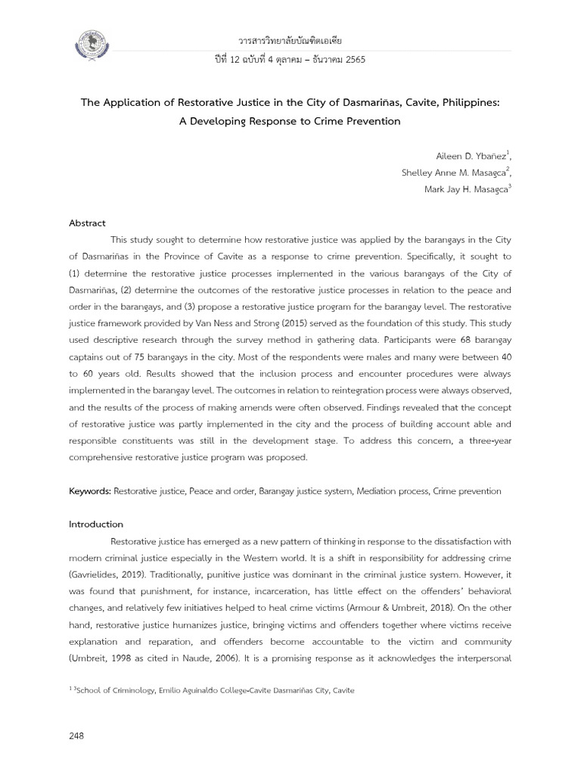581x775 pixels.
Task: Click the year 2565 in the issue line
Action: click(354, 60)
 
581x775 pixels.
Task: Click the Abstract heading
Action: click(88, 223)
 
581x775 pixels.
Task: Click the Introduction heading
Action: click(96, 524)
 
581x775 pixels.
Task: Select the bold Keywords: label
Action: click(90, 491)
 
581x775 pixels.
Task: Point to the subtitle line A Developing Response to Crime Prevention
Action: click(290, 121)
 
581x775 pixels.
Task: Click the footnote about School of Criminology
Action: click(212, 690)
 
